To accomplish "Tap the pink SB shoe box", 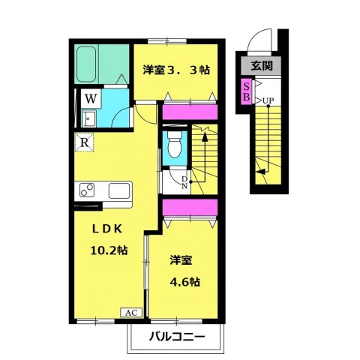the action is click(247, 91).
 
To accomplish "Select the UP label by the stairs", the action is click(268, 100).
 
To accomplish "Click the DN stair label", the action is click(184, 182).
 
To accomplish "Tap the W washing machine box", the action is click(91, 99).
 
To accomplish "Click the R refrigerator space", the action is click(85, 142).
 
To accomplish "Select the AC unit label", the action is click(131, 313).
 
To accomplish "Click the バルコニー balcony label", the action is click(177, 337).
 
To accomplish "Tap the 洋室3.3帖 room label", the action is click(176, 70).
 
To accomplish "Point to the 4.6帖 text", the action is click(185, 282).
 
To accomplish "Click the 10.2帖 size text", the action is click(109, 250).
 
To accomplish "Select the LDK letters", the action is click(107, 229).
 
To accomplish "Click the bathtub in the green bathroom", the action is click(86, 64).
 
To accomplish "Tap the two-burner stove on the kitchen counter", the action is click(87, 190).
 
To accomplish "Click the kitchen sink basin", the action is click(119, 191).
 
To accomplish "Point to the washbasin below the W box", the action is click(88, 118).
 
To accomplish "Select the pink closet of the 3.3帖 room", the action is click(190, 112).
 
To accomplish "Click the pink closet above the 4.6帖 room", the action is click(190, 207).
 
